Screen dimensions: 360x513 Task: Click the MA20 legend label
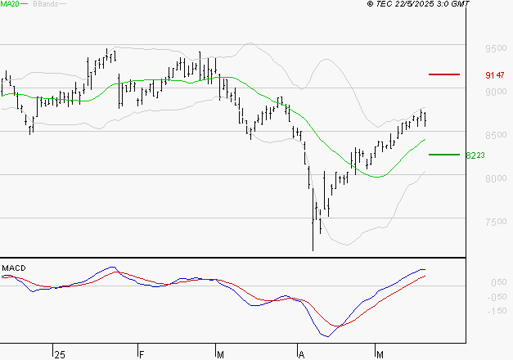pyautogui.click(x=9, y=5)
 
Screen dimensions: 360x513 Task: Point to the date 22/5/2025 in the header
pyautogui.click(x=414, y=5)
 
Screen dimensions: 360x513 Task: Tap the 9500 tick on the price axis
pyautogui.click(x=495, y=48)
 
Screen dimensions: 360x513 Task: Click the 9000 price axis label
pyautogui.click(x=495, y=92)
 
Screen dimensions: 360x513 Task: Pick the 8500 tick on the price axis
pyautogui.click(x=495, y=135)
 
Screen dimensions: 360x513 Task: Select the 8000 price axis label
pyautogui.click(x=495, y=178)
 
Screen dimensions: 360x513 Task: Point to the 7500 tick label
pyautogui.click(x=495, y=222)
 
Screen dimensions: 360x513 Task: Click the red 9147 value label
pyautogui.click(x=493, y=75)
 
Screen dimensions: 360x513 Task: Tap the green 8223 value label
pyautogui.click(x=475, y=155)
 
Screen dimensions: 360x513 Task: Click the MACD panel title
pyautogui.click(x=14, y=268)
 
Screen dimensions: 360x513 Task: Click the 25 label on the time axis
pyautogui.click(x=59, y=354)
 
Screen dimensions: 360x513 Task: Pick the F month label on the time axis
pyautogui.click(x=141, y=354)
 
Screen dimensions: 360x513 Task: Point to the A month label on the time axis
pyautogui.click(x=302, y=354)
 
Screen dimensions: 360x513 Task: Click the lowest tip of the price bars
pyautogui.click(x=313, y=250)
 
